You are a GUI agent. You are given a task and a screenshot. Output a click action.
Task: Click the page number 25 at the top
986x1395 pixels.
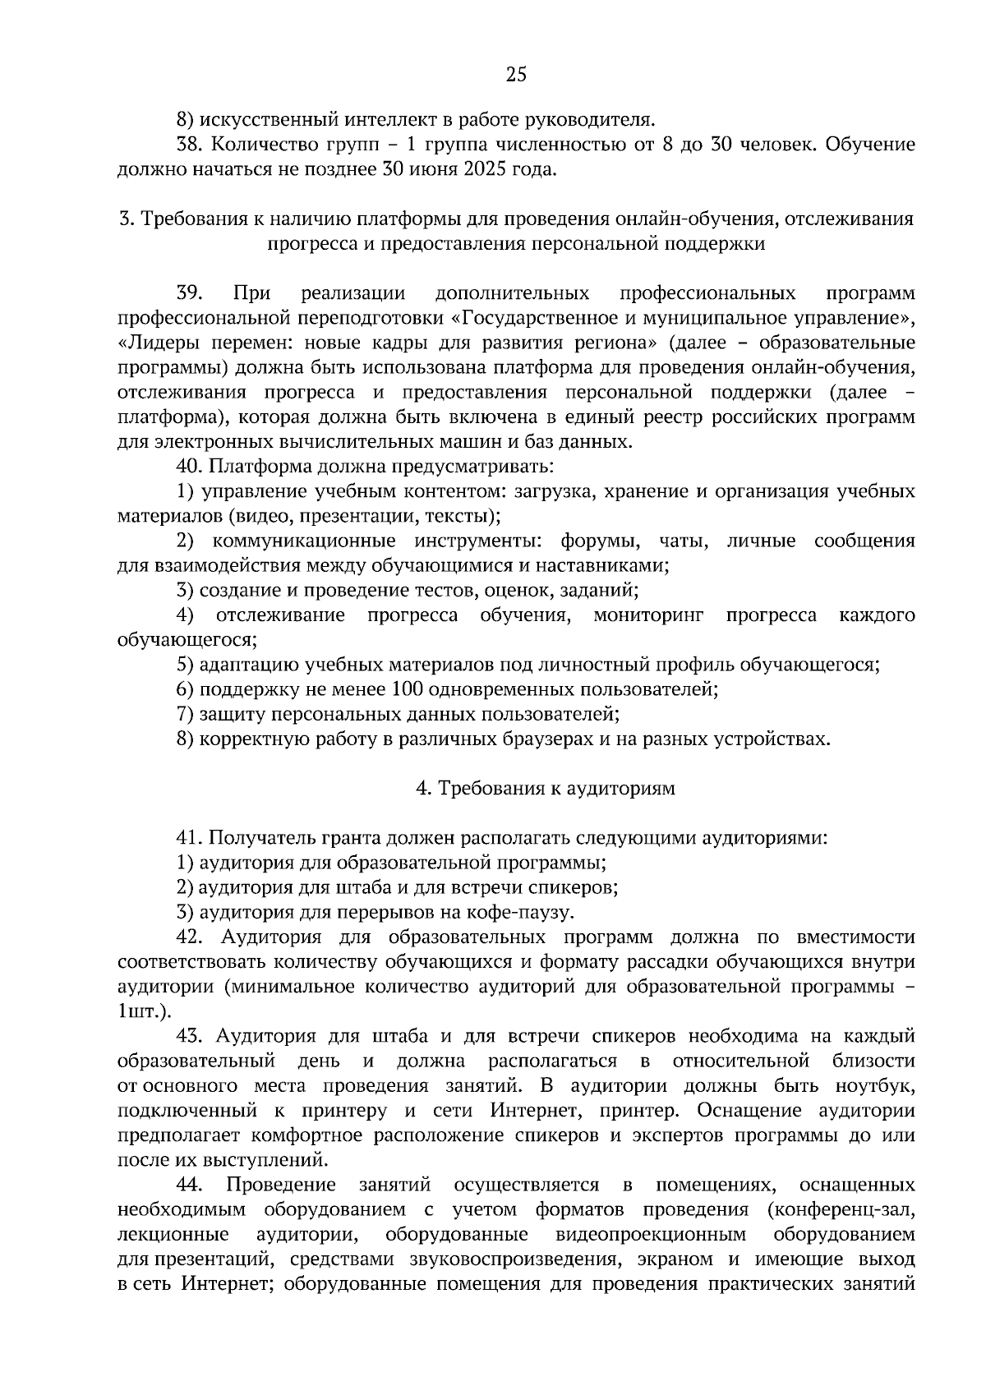515,76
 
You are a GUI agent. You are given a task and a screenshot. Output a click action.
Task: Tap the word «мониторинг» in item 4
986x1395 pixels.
648,615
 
